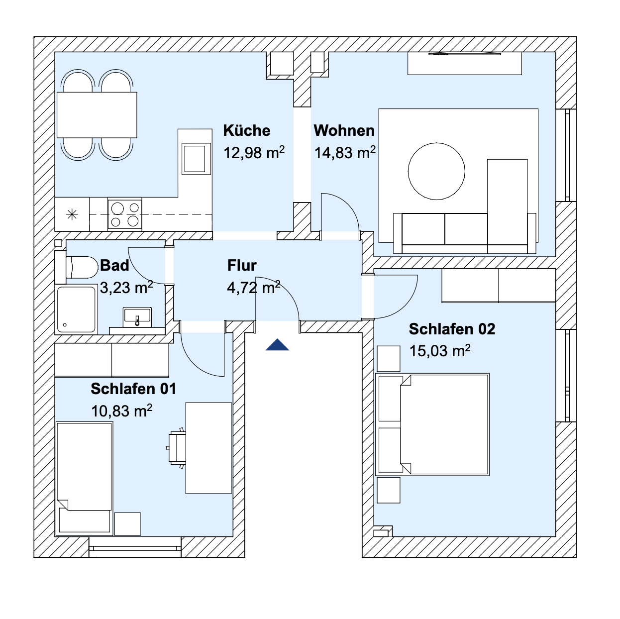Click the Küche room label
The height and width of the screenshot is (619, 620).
(x=246, y=130)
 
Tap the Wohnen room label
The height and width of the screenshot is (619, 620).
(x=344, y=130)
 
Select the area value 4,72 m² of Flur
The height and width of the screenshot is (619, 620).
(x=254, y=287)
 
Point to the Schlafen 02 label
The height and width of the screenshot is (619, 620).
(x=452, y=329)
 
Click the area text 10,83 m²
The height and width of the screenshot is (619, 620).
(x=121, y=411)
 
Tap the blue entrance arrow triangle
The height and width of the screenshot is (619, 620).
(x=277, y=345)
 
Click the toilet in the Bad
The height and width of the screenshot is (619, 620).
(x=82, y=267)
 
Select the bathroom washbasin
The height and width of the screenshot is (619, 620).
(x=137, y=317)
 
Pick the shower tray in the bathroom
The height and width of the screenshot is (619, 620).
(x=76, y=309)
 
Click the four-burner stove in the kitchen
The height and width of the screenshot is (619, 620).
(x=125, y=214)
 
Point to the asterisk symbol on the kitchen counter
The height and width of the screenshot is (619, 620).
(x=72, y=214)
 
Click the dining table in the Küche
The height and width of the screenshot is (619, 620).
(x=97, y=115)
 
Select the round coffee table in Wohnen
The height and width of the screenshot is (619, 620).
(x=436, y=171)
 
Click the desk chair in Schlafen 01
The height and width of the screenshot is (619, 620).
(x=177, y=448)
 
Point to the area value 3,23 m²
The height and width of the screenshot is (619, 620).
(x=126, y=287)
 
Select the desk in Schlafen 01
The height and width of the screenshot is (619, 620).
(x=208, y=448)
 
